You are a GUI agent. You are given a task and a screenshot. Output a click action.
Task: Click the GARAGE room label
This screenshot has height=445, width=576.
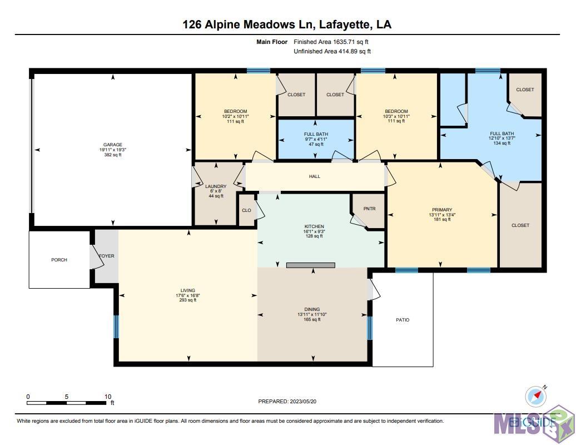112,145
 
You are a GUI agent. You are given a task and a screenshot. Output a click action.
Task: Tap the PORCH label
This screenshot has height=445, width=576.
59,260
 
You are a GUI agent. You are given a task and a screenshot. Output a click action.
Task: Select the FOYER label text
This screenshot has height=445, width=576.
106,256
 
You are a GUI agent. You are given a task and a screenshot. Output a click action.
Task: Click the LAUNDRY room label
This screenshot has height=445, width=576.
215,186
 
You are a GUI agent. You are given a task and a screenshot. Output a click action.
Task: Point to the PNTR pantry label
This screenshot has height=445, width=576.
370,209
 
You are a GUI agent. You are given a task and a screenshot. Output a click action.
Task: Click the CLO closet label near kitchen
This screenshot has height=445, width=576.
246,210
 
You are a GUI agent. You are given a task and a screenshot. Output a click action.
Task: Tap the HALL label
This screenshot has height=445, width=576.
315,176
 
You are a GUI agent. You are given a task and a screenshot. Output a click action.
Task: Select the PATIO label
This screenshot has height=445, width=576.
403,320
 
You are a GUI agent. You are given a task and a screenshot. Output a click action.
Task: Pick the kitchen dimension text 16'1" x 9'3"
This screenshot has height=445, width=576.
314,231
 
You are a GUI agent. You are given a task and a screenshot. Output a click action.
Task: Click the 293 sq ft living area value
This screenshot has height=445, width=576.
188,300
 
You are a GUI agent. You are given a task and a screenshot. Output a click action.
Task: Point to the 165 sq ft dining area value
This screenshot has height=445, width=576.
312,319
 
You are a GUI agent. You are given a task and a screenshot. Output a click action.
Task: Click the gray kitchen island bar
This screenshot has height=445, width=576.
311,265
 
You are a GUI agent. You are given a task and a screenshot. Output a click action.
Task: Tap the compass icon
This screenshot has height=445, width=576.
535,396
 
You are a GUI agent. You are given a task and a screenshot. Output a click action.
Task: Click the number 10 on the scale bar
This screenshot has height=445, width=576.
108,397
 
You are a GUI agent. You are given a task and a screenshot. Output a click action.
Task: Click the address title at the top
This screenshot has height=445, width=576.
287,24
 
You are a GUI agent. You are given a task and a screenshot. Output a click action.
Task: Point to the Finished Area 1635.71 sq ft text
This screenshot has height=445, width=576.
331,42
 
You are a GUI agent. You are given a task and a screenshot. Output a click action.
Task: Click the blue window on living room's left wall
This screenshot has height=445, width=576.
116,327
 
